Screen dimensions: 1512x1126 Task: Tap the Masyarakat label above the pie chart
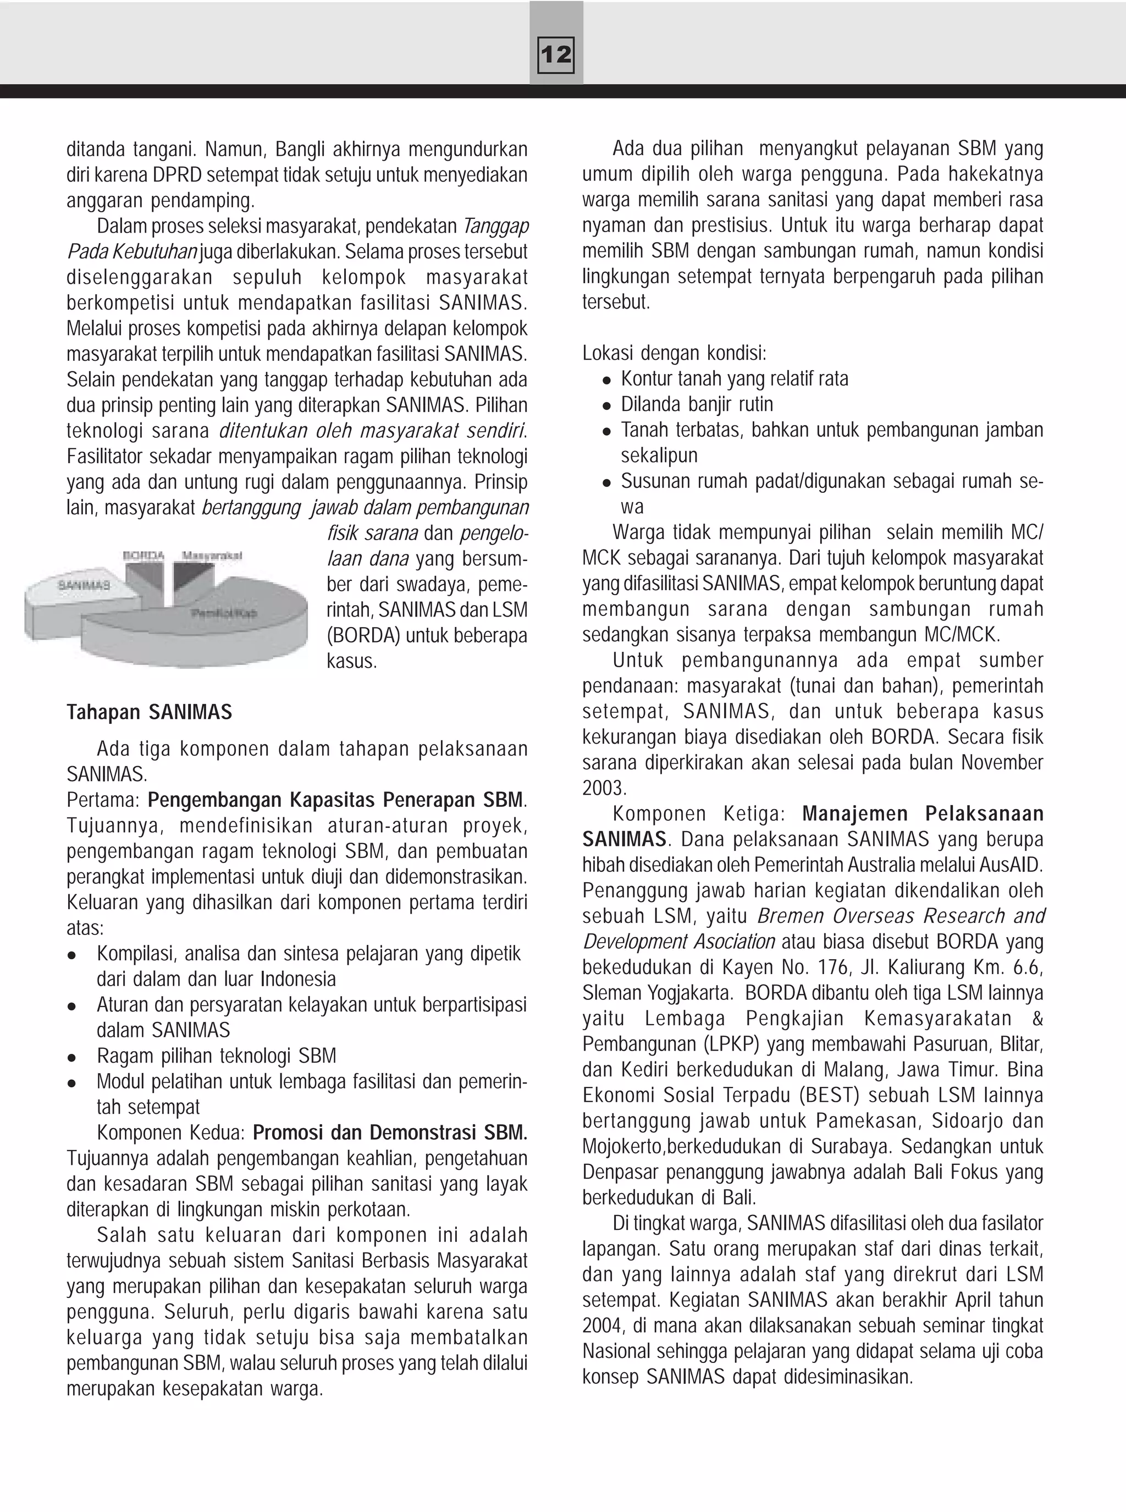(212, 556)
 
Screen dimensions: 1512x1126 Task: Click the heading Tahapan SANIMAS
(149, 712)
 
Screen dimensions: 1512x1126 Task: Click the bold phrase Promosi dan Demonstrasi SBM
(389, 1132)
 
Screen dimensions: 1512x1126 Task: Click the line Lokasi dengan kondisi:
(674, 353)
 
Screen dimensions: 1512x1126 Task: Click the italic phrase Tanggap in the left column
(495, 226)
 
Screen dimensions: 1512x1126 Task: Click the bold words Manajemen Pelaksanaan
(922, 813)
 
